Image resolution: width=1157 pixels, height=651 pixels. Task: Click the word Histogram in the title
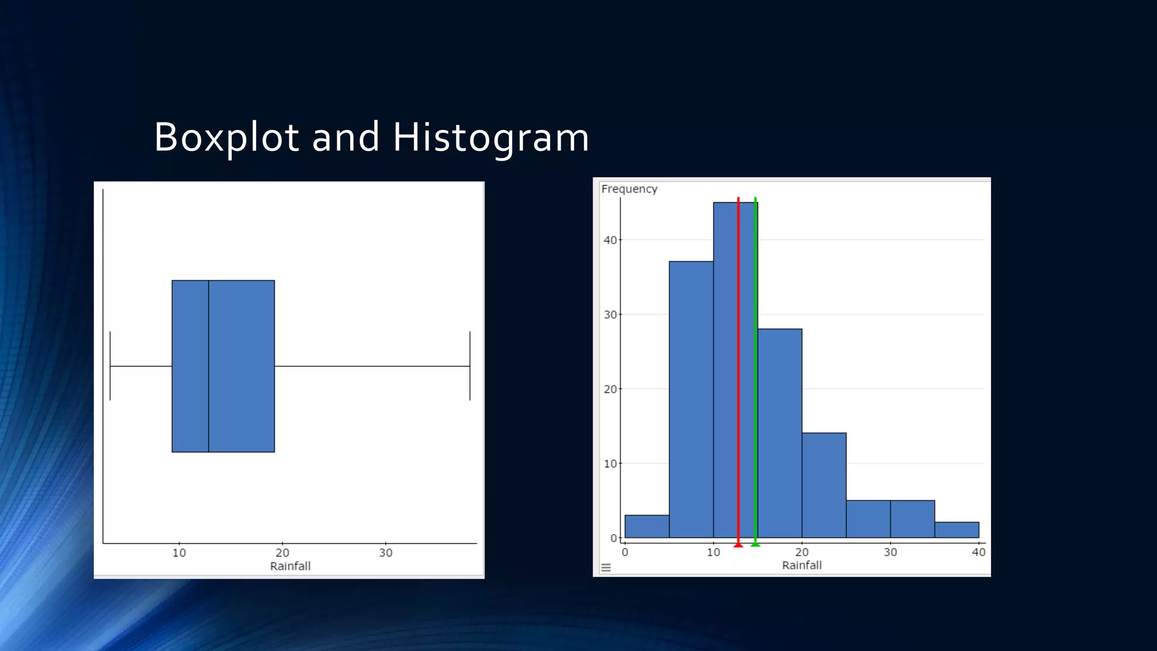coord(490,137)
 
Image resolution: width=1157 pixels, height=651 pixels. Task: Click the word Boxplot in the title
coord(226,137)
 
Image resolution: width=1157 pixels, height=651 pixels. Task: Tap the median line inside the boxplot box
coord(208,366)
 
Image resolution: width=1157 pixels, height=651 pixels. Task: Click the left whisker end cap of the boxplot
coord(110,366)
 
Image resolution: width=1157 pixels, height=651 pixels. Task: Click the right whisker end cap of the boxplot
coord(469,366)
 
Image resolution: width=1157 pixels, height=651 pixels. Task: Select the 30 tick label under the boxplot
coord(385,553)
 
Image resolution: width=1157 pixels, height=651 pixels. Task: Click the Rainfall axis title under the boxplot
coord(290,566)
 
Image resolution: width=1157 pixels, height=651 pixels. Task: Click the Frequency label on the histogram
coord(629,189)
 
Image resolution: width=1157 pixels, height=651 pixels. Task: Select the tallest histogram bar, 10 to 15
coord(726,367)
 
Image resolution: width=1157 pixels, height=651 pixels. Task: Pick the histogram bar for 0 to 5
coord(647,526)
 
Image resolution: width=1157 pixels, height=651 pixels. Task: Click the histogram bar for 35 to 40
coord(956,530)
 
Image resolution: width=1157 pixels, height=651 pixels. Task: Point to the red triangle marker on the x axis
coord(738,545)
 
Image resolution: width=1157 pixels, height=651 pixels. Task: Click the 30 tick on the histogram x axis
coord(890,552)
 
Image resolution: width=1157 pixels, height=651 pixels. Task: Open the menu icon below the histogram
coord(606,568)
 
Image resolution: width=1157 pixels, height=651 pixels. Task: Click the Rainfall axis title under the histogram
coord(801,565)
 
